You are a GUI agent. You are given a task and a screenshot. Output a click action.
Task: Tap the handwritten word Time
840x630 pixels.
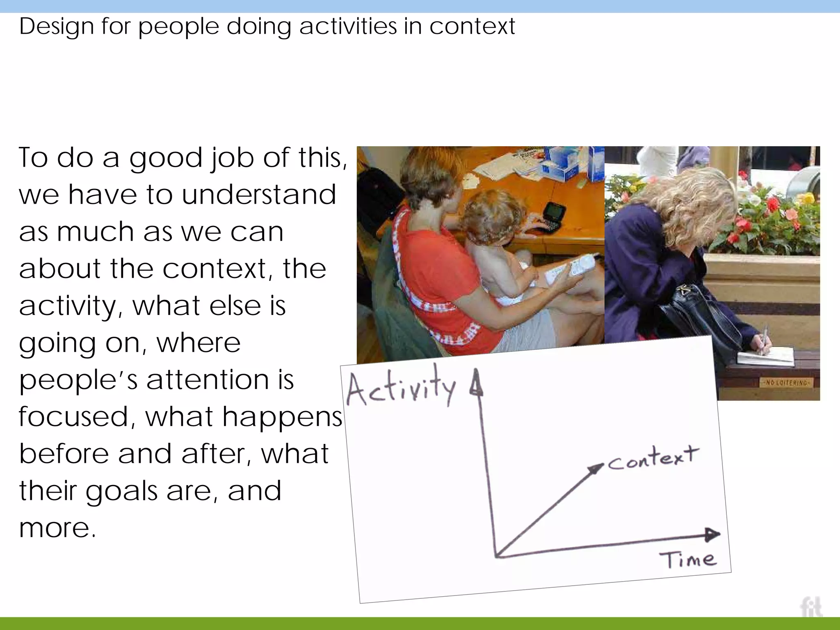coord(688,559)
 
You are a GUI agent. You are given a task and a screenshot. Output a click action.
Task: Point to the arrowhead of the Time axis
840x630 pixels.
coord(713,534)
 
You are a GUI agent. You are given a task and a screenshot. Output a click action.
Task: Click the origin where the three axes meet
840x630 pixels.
coord(496,556)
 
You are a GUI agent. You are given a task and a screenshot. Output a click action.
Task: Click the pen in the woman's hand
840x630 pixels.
coord(764,339)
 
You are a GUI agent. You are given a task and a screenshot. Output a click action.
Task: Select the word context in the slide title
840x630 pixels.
coord(472,27)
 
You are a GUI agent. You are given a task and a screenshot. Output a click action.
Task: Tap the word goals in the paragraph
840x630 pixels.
coord(121,491)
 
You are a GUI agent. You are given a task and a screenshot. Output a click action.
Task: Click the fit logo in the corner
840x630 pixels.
coord(810,607)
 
